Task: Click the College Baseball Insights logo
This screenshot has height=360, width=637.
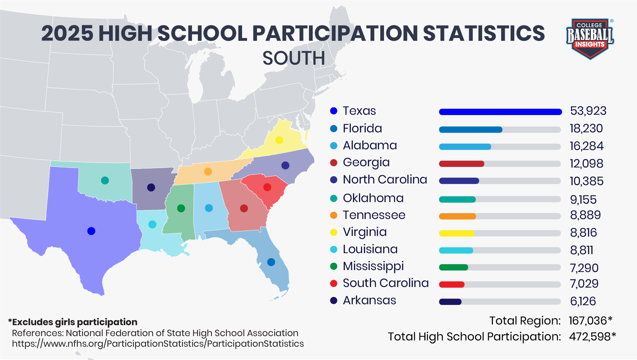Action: click(590, 38)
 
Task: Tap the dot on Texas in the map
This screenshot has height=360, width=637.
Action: click(91, 231)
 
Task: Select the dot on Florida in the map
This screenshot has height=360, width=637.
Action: click(271, 262)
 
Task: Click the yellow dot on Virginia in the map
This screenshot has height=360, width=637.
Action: click(279, 140)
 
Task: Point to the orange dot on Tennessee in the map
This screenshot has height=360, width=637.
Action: click(208, 172)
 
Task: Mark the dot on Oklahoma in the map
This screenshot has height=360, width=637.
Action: click(105, 180)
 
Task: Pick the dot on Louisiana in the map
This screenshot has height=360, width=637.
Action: click(152, 224)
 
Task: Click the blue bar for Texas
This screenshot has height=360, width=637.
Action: click(500, 112)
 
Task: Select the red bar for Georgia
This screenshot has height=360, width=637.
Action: click(461, 164)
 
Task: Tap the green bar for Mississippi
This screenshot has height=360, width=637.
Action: click(453, 267)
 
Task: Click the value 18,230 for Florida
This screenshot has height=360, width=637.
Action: click(586, 128)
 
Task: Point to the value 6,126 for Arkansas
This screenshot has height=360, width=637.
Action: click(583, 301)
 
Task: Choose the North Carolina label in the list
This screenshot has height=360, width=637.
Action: click(385, 180)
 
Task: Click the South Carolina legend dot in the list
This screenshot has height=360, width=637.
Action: click(334, 283)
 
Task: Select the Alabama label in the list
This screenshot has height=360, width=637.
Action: click(370, 145)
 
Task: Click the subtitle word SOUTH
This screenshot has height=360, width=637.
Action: click(293, 58)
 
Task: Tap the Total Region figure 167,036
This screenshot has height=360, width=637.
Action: click(588, 321)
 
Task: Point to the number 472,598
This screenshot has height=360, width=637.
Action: click(590, 337)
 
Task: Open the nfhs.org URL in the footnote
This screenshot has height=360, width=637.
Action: click(158, 344)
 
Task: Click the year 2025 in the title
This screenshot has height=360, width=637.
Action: click(67, 34)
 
